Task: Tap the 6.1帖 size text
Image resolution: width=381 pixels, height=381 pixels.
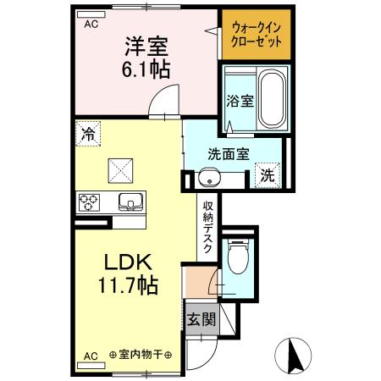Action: pos(146,69)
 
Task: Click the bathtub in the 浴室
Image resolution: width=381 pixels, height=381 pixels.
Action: pos(272,99)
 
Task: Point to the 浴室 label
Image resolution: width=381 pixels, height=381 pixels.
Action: pos(239,101)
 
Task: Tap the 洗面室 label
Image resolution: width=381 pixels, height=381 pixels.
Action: pos(228,154)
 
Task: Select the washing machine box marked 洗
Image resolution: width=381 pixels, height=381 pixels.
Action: pos(268,175)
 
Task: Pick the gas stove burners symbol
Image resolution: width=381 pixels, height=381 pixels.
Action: pos(90,202)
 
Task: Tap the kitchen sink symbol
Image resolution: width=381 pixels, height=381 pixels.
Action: pos(130,202)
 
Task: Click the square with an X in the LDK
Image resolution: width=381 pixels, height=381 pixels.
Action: pos(120,170)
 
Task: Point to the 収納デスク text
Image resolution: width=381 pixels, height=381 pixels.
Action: pos(207,227)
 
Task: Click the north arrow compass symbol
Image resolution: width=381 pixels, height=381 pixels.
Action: pos(295,355)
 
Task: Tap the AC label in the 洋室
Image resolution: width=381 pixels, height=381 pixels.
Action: pos(91,25)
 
